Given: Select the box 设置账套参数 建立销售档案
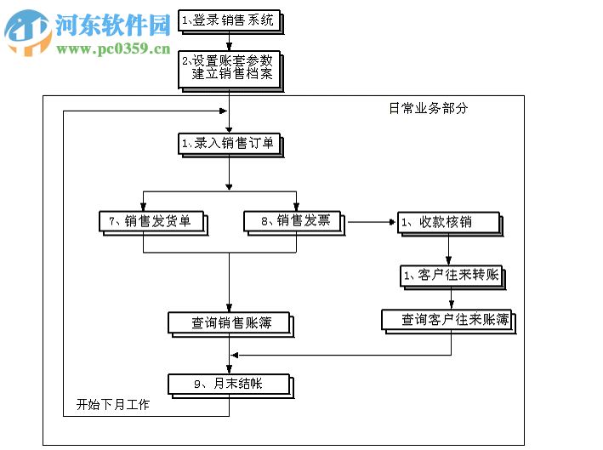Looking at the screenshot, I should click(x=228, y=68).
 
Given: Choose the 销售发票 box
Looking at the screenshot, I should click(x=294, y=222).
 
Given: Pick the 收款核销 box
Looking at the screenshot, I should click(x=450, y=223).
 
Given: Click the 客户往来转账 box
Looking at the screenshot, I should click(x=452, y=276).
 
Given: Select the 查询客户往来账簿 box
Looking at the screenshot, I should click(x=448, y=321).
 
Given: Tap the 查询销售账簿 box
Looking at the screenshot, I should click(x=230, y=323).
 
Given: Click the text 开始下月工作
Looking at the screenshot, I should click(x=112, y=405).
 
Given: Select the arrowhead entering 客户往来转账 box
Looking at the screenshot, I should click(x=451, y=262).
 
